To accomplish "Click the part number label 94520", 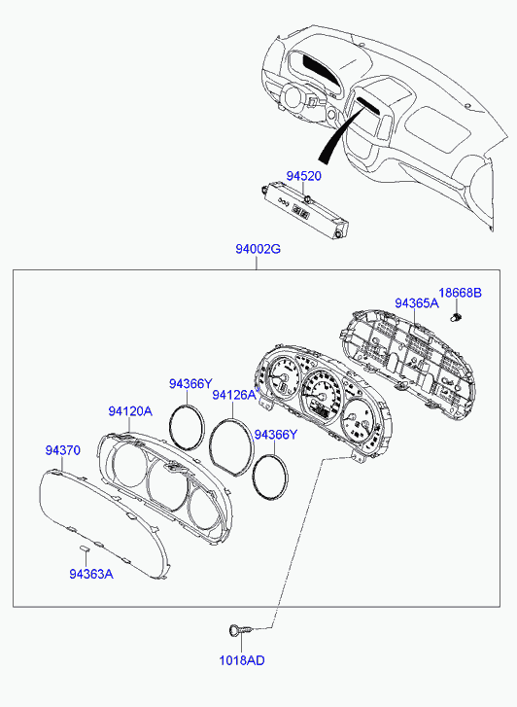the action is tap(304, 176).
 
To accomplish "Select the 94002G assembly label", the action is tap(258, 248).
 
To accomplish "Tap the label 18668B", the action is tap(461, 293).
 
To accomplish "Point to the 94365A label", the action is tap(417, 303).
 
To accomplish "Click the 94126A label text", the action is tap(234, 395).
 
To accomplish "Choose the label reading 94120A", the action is tap(130, 411).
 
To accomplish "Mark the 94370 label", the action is tap(62, 450).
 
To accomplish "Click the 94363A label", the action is tap(91, 574).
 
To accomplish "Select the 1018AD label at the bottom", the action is tap(242, 660).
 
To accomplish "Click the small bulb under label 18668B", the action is tap(457, 317).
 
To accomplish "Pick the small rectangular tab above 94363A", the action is tap(85, 548).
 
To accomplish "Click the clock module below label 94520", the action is tap(305, 211).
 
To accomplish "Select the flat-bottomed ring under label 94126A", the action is tap(232, 447).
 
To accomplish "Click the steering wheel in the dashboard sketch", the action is tap(293, 96).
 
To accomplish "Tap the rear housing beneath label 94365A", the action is tap(407, 360).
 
